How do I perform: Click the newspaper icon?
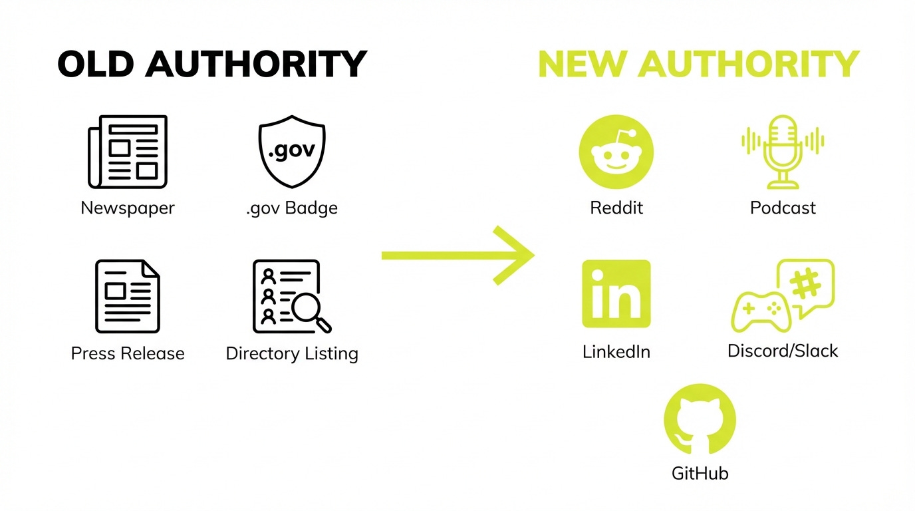click(128, 152)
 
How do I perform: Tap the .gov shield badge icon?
click(291, 151)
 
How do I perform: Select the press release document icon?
click(128, 296)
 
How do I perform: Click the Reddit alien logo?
click(616, 152)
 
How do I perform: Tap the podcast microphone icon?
click(783, 152)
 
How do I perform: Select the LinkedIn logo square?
click(616, 294)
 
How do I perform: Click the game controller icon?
click(761, 311)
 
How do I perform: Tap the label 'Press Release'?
click(128, 353)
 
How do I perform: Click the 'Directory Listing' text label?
click(292, 353)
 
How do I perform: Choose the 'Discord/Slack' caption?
click(783, 351)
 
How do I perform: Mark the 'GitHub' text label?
click(700, 473)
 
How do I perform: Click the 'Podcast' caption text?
click(783, 208)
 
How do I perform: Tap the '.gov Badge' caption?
click(291, 208)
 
